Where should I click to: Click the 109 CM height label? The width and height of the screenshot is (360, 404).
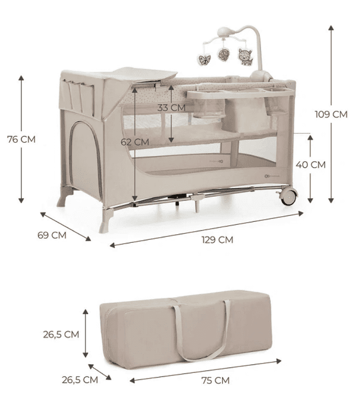331,114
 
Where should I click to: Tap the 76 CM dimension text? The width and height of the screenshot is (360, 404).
21,139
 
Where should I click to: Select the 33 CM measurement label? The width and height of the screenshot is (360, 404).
171,108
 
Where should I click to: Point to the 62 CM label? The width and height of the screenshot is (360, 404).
135,142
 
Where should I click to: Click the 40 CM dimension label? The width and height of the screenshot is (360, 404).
310,164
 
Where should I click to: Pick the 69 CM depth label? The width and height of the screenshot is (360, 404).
52,235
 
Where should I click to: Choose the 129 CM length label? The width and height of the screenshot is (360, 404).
217,240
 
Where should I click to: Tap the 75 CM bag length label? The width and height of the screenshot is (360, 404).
215,380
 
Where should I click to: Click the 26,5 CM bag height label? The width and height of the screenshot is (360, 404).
61,334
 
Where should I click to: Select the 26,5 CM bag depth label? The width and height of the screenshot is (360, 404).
80,380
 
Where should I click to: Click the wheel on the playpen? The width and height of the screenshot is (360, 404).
288,196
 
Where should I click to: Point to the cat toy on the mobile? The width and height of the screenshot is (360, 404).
245,57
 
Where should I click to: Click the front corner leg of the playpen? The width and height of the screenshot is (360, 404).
106,220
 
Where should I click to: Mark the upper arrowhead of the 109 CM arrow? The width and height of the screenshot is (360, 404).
331,28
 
